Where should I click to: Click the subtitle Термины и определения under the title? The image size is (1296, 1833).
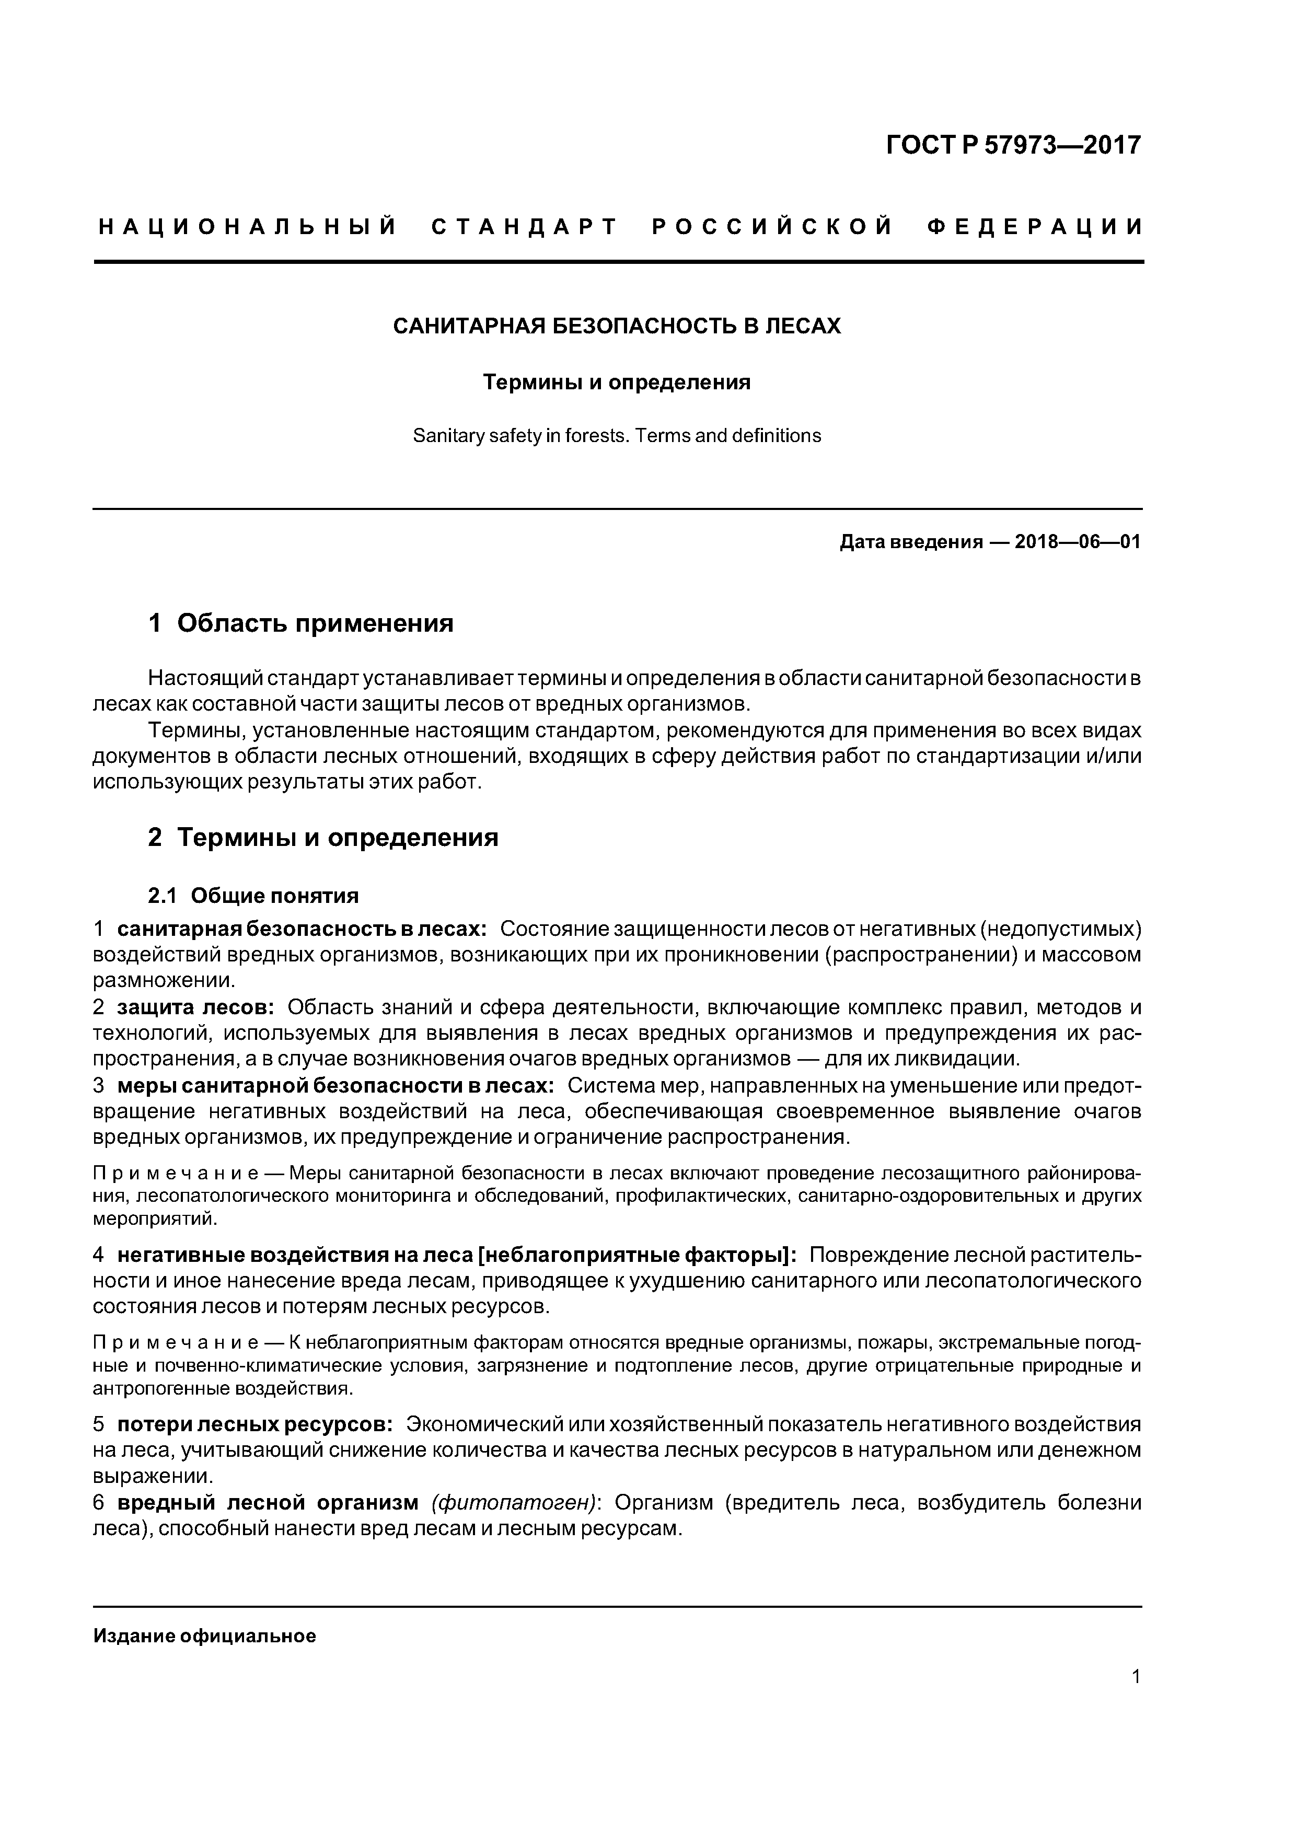(617, 382)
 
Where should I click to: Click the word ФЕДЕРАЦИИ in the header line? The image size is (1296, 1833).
(1035, 227)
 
